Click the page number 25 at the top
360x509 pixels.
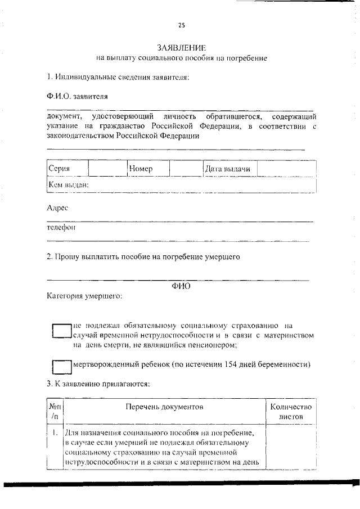[x=181, y=25]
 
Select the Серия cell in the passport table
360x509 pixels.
[x=59, y=169]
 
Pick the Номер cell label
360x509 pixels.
[x=141, y=169]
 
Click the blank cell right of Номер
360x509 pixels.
[x=186, y=169]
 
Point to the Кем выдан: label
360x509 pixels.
[x=69, y=184]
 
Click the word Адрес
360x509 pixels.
[x=57, y=208]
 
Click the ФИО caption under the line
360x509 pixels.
[x=181, y=285]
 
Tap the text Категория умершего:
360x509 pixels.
[x=84, y=295]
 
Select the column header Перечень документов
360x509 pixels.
[x=164, y=406]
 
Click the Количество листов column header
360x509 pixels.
[x=290, y=412]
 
